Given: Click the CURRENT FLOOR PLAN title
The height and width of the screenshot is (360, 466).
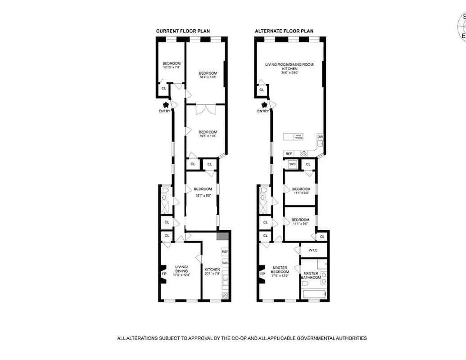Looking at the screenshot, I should pyautogui.click(x=183, y=31).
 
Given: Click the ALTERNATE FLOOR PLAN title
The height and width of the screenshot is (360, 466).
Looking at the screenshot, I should pyautogui.click(x=284, y=31).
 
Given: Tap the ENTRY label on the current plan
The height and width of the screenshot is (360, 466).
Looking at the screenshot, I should pyautogui.click(x=164, y=111).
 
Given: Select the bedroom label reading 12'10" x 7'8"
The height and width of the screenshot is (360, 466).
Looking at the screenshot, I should pyautogui.click(x=172, y=65).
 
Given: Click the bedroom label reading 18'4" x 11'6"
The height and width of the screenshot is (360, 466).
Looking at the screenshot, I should pyautogui.click(x=208, y=75).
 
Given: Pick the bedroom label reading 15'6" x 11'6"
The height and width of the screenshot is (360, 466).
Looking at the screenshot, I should pyautogui.click(x=208, y=134).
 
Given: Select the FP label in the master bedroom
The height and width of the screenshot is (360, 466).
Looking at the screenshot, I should pyautogui.click(x=262, y=273).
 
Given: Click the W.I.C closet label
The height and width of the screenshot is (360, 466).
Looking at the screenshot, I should pyautogui.click(x=314, y=250).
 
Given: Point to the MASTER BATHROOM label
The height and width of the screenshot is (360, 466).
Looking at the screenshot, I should pyautogui.click(x=312, y=275).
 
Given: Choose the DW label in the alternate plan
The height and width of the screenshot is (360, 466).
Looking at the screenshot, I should pyautogui.click(x=320, y=136).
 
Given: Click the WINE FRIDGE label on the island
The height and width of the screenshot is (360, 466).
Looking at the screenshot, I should pyautogui.click(x=298, y=136).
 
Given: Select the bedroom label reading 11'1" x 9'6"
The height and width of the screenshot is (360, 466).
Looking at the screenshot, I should pyautogui.click(x=301, y=221).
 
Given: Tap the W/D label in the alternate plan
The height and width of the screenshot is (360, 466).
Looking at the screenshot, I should pyautogui.click(x=292, y=164).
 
